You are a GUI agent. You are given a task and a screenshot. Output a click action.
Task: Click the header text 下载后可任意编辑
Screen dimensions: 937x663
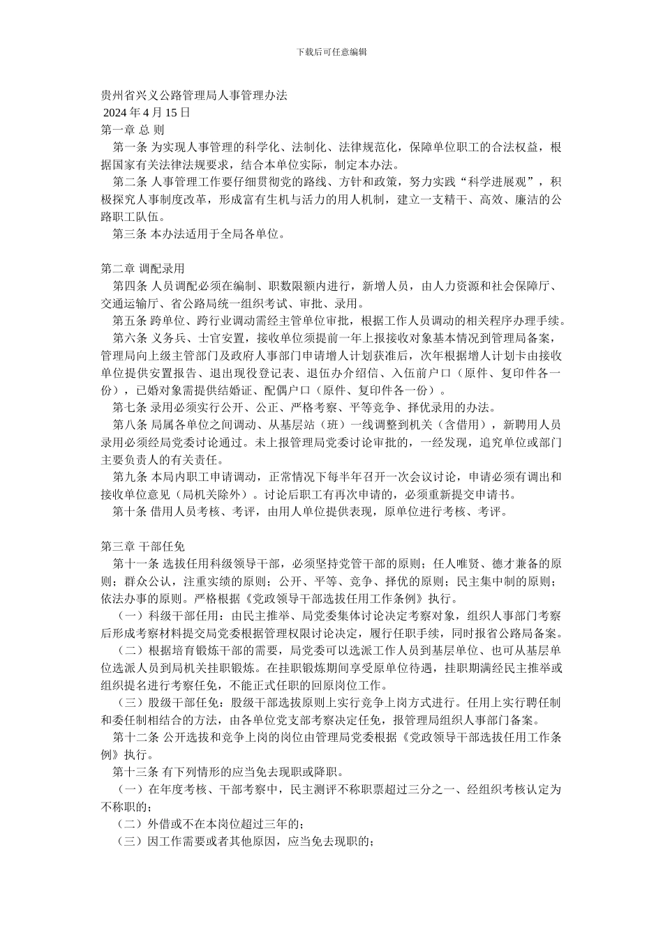331,52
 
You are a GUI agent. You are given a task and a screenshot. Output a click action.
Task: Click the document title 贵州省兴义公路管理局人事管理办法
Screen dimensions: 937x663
194,95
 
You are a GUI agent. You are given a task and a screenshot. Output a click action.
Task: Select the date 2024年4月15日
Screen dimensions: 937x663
147,112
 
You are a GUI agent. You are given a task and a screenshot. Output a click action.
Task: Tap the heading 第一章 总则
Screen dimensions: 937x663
133,130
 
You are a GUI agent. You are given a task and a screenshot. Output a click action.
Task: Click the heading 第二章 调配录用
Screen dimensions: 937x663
142,268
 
